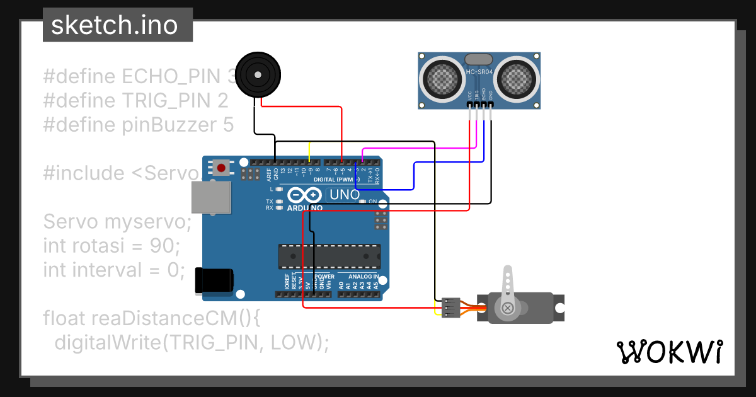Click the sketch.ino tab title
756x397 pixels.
[x=114, y=25]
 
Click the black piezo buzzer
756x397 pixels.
[x=256, y=74]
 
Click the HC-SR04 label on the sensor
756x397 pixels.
[x=479, y=72]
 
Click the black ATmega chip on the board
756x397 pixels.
[x=329, y=256]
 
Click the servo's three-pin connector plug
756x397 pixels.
[x=451, y=307]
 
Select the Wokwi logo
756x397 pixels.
[x=669, y=352]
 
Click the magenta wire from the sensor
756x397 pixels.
[x=416, y=149]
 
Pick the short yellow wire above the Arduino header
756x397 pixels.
[x=309, y=151]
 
